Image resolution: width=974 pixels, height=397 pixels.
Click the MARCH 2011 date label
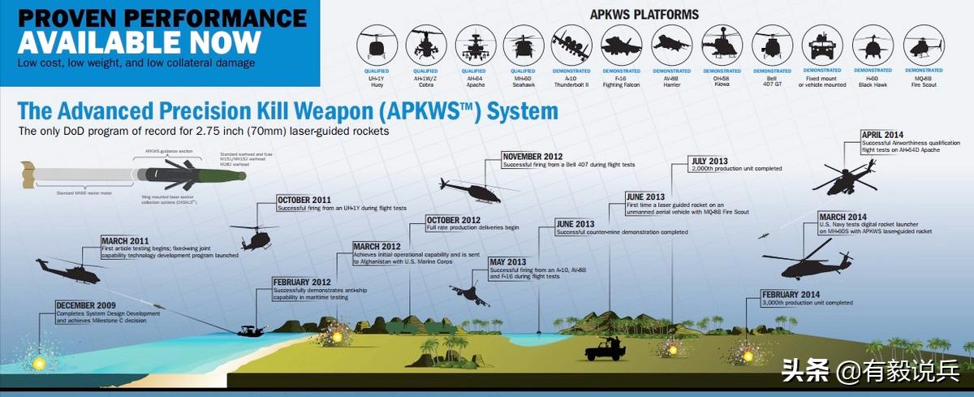pos(126,240)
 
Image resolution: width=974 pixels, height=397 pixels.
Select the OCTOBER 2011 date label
pos(304,200)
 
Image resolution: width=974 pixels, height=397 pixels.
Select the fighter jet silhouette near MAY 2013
pos(469,294)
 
